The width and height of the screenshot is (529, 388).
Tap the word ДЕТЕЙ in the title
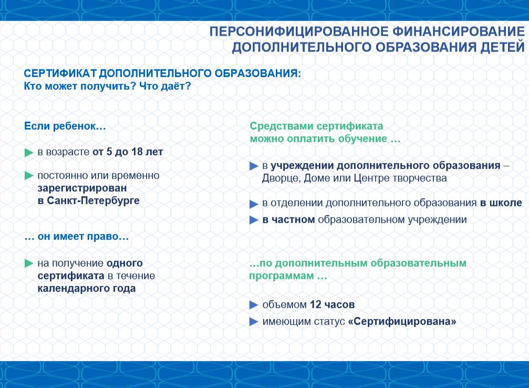click(x=503, y=47)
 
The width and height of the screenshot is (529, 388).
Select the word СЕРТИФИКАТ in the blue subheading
click(x=60, y=74)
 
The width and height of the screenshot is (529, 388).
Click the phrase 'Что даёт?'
click(x=165, y=86)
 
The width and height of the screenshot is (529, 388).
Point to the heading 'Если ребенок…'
click(x=65, y=126)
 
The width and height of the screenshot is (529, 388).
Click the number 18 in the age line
click(x=137, y=152)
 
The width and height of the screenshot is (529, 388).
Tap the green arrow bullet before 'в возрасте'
click(x=29, y=153)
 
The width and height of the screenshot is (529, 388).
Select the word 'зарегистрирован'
click(x=82, y=188)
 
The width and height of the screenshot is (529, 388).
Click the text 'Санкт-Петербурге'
click(x=93, y=201)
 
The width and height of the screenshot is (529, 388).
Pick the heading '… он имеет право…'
click(x=77, y=236)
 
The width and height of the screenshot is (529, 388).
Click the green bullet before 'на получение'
click(x=29, y=264)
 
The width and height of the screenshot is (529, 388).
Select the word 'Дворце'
click(x=282, y=178)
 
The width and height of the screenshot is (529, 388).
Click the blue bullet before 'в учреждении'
click(x=254, y=166)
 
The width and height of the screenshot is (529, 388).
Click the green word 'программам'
click(x=282, y=276)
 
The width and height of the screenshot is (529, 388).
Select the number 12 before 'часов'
click(x=315, y=305)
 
